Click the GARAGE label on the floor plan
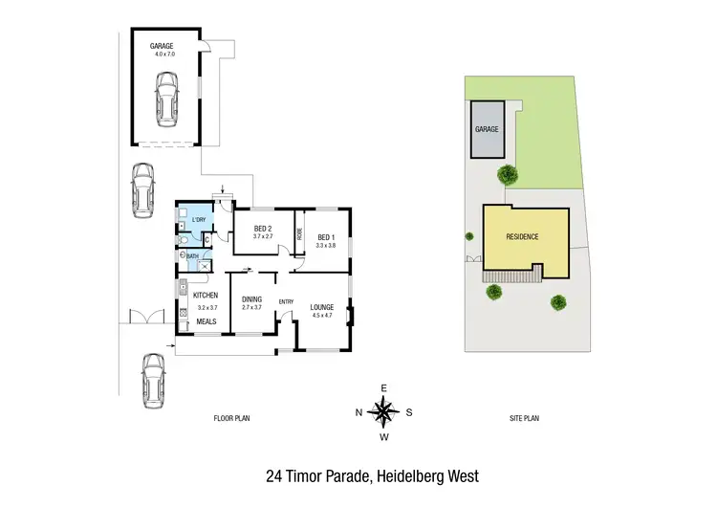[160, 46]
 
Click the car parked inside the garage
[165, 100]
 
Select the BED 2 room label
[263, 228]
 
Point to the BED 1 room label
[327, 237]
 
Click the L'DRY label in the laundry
[199, 221]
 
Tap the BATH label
[192, 255]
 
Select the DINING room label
[251, 298]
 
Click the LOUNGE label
[322, 306]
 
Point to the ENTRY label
[286, 302]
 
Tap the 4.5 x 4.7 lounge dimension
[322, 315]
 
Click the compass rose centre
[383, 412]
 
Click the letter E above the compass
[383, 387]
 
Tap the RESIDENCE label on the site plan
[517, 236]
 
